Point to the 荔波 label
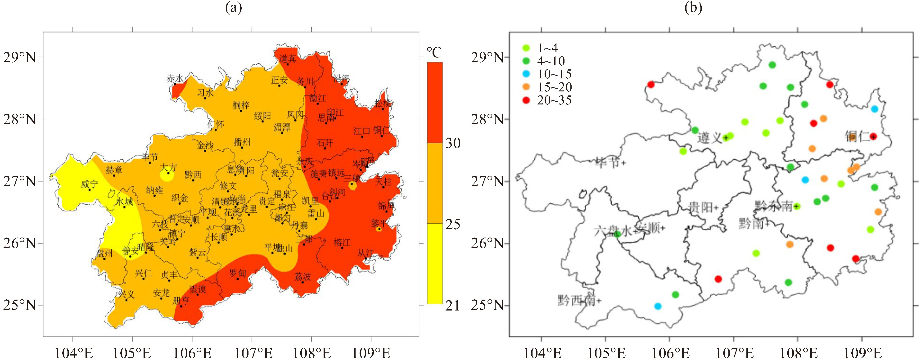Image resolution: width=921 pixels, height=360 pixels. (302, 276)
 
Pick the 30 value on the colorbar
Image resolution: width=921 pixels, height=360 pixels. (453, 143)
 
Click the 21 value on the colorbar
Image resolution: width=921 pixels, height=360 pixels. (453, 306)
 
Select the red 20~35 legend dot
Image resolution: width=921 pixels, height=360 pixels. (526, 100)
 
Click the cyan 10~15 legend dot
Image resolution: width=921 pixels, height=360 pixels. (526, 74)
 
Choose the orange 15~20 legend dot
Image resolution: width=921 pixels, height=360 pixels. (526, 87)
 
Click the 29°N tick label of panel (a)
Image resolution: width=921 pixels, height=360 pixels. (20, 57)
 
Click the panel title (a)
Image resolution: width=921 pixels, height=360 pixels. (234, 8)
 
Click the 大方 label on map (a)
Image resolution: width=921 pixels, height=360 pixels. (168, 167)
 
